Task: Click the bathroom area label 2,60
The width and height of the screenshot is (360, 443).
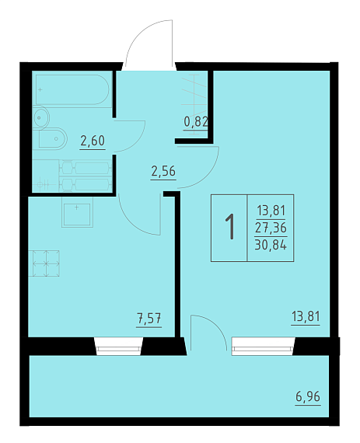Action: pos(93,141)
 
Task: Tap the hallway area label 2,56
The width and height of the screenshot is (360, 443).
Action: pos(163,171)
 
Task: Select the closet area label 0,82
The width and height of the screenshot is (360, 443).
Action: pos(196,122)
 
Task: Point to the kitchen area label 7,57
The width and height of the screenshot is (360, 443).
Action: pos(149,319)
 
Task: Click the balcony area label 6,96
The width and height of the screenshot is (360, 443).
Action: pos(308,396)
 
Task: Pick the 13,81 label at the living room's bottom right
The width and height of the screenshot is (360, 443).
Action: pos(306,317)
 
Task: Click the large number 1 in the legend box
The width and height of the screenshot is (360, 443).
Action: pos(230,227)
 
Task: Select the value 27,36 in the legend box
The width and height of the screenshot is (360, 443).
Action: pos(271,228)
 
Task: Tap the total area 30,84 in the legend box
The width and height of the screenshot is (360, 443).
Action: pos(271,245)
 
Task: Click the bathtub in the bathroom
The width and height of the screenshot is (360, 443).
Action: pos(72,90)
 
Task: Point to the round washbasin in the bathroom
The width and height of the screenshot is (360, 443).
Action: pos(41,117)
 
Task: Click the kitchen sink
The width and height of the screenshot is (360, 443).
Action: pos(77,212)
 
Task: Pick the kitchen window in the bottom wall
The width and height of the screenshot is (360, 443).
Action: pos(118,346)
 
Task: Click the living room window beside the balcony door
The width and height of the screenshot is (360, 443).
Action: pos(264,346)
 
